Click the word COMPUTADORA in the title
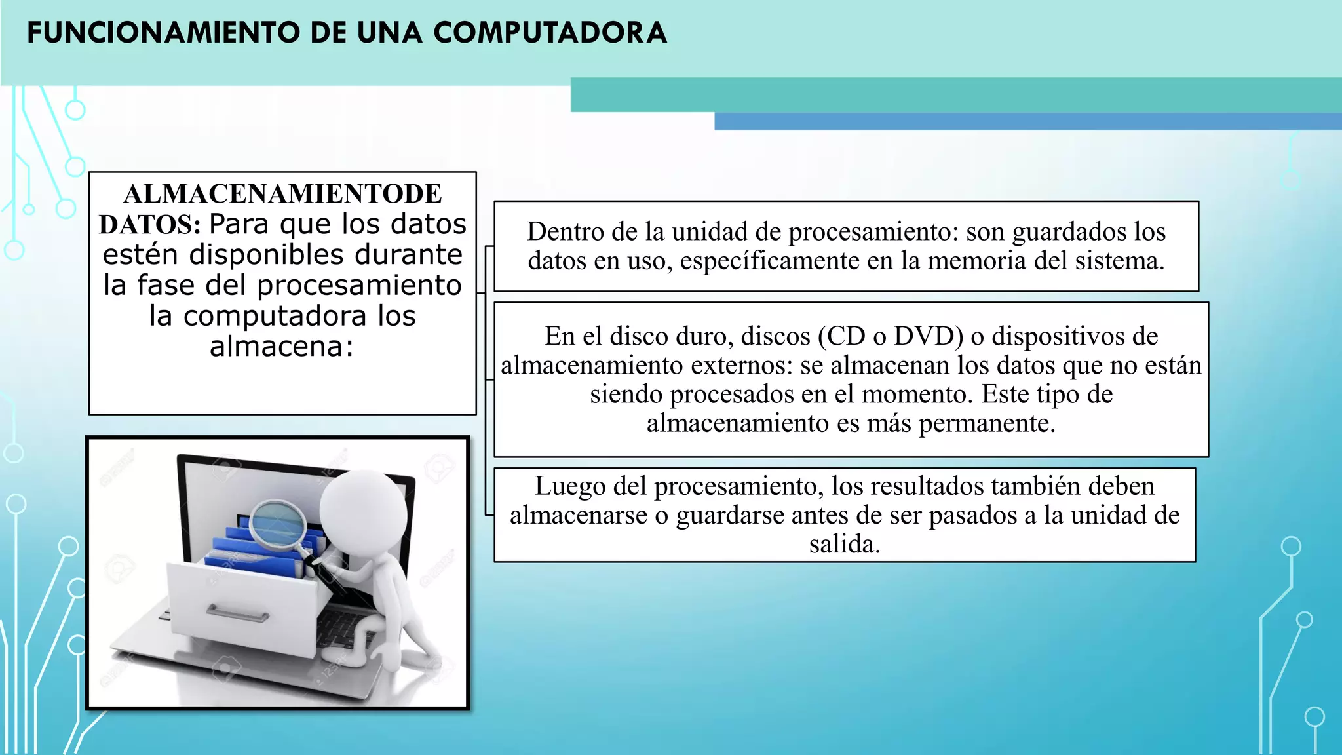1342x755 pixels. [x=550, y=33]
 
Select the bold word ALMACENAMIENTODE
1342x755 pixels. [x=282, y=194]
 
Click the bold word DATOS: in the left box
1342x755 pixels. [x=150, y=225]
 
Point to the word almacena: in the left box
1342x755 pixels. [x=282, y=346]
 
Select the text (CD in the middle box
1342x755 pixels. [x=842, y=336]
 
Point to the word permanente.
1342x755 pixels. [x=987, y=423]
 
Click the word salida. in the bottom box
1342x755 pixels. [x=845, y=544]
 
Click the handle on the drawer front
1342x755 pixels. [x=237, y=614]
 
